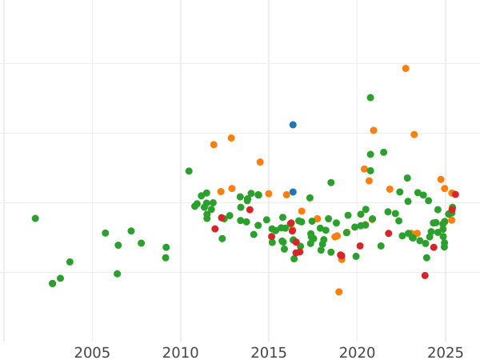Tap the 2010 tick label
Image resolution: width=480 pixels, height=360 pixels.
[181, 353]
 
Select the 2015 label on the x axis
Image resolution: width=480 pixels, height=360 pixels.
[269, 353]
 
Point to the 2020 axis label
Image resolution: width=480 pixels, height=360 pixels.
[358, 353]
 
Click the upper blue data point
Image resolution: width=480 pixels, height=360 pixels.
[293, 125]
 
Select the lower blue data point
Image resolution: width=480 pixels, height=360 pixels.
[293, 192]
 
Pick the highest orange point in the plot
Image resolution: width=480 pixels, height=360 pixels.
[406, 69]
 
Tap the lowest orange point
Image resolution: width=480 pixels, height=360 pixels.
[339, 292]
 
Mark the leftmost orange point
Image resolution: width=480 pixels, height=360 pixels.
[214, 145]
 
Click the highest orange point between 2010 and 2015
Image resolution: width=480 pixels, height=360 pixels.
[231, 138]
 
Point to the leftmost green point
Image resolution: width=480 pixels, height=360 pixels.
[35, 218]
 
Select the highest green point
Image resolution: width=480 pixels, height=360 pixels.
[370, 98]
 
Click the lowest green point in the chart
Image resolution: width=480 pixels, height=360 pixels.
[52, 283]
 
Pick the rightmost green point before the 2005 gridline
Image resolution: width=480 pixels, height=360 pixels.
[70, 262]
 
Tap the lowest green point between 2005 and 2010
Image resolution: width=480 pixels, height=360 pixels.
[117, 274]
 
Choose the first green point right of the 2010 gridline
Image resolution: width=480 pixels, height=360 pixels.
[189, 171]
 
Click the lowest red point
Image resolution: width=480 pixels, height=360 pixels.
[425, 275]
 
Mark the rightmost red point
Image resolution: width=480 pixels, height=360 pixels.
[455, 194]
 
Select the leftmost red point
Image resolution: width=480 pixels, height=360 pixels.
[215, 229]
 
